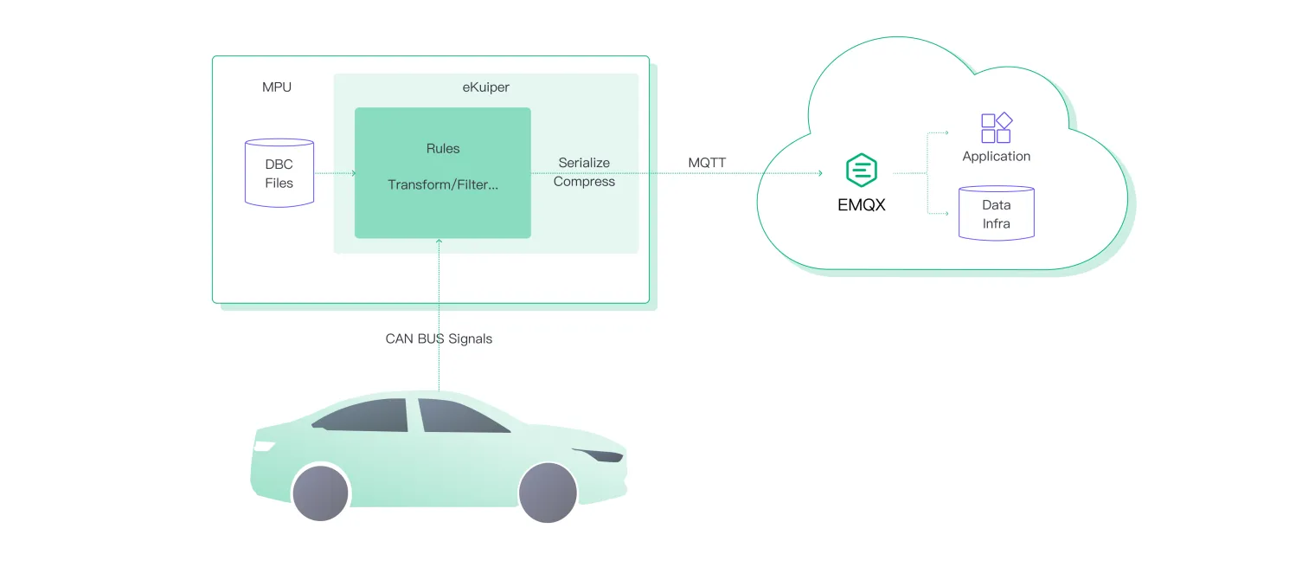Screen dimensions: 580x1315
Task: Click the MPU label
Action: [277, 87]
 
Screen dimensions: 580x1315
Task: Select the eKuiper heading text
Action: [486, 87]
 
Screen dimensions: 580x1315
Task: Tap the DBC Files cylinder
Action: [279, 173]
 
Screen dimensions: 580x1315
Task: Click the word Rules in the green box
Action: [443, 149]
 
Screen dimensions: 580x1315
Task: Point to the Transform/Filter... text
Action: [443, 185]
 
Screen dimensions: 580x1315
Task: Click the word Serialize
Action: [584, 163]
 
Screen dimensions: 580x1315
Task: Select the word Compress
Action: [584, 182]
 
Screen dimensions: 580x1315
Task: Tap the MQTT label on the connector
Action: [707, 163]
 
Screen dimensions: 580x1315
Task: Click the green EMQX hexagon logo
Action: [862, 171]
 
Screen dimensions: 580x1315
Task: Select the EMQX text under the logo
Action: [862, 206]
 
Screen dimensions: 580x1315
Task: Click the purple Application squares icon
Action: [996, 128]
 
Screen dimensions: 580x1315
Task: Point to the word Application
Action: [996, 157]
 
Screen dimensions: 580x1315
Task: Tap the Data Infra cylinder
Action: [996, 213]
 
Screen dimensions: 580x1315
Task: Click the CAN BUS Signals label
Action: [439, 339]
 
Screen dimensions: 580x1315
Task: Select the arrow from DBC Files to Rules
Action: [335, 173]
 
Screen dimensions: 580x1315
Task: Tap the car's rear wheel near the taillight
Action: [321, 493]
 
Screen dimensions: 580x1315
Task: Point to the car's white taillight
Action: [264, 447]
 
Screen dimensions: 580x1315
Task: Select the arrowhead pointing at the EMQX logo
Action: [818, 173]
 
